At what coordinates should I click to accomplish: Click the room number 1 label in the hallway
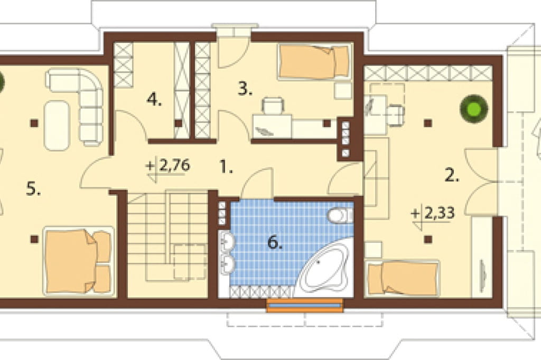226,168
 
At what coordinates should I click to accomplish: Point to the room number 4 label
154,100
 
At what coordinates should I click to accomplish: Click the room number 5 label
33,189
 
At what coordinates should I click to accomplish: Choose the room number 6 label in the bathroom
275,243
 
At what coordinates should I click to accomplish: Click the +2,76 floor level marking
168,166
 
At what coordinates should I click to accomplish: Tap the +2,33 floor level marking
433,214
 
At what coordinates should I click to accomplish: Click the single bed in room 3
314,61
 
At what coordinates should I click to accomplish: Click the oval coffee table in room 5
57,126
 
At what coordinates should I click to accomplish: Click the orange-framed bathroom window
305,306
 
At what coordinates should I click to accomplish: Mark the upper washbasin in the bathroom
227,241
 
